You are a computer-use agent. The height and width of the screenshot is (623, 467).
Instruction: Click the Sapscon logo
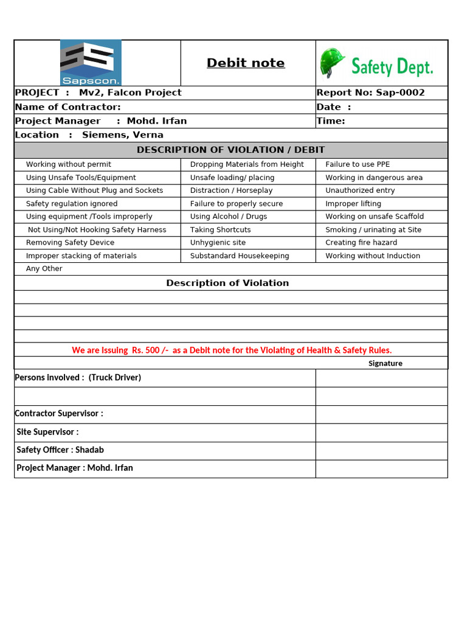(x=91, y=63)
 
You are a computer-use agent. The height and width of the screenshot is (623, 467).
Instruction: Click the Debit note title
(x=246, y=63)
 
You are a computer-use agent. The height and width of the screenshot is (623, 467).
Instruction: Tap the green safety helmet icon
(x=333, y=63)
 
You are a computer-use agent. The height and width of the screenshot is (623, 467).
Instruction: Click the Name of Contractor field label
(x=67, y=107)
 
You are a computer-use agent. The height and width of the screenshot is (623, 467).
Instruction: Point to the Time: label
(x=331, y=121)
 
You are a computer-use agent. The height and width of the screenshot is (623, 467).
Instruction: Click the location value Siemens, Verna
(x=123, y=135)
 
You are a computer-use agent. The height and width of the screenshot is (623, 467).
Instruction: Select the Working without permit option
(x=69, y=164)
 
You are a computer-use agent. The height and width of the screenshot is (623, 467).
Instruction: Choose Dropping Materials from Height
(x=247, y=164)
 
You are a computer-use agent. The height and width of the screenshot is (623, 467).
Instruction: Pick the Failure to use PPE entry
(x=358, y=164)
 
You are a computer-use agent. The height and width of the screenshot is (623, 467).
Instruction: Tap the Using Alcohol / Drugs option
(x=229, y=217)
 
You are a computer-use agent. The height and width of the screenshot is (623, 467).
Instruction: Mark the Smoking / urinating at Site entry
(x=373, y=230)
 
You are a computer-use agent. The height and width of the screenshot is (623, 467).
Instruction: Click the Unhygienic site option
(x=218, y=243)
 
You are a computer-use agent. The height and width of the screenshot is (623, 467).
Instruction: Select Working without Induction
(x=373, y=256)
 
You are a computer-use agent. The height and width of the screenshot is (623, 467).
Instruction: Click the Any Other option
(x=44, y=269)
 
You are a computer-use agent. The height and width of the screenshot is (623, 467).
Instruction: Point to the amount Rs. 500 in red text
(x=148, y=350)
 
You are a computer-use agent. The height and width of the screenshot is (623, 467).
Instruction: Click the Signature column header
(x=386, y=364)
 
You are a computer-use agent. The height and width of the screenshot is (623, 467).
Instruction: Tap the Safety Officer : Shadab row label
(x=60, y=450)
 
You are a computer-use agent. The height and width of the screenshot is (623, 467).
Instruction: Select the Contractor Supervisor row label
(x=59, y=414)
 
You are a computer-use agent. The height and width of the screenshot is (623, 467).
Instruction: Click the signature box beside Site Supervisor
(x=381, y=433)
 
